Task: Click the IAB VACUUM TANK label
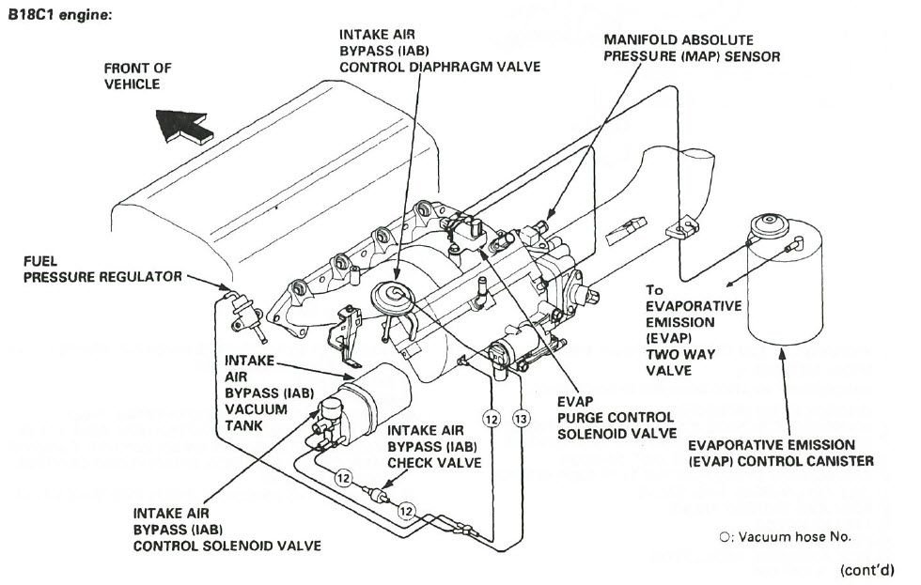pos(251,393)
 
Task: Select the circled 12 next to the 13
pos(490,415)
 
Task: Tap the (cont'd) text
pos(870,569)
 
